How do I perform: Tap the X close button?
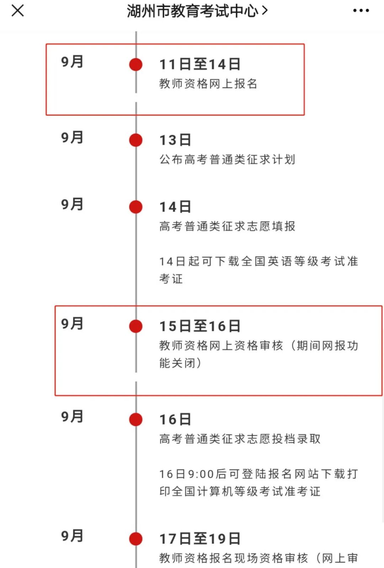point(17,11)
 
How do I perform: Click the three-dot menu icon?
point(361,11)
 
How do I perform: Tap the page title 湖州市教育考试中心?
point(193,11)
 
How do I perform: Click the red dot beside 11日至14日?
point(136,64)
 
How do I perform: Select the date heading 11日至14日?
point(200,64)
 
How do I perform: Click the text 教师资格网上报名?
point(208,84)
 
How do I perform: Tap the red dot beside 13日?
point(136,140)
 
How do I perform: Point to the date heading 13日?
point(175,140)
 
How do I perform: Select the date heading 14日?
point(175,207)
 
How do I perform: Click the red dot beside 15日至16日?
point(136,326)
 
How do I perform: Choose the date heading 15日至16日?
point(200,326)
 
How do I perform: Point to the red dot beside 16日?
point(136,420)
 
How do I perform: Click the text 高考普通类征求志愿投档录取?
point(240,439)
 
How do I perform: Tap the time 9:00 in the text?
point(201,474)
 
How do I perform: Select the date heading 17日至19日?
point(200,539)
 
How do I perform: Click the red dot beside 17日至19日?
point(136,539)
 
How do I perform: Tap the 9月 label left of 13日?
point(72,137)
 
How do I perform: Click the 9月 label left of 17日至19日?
point(72,536)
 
